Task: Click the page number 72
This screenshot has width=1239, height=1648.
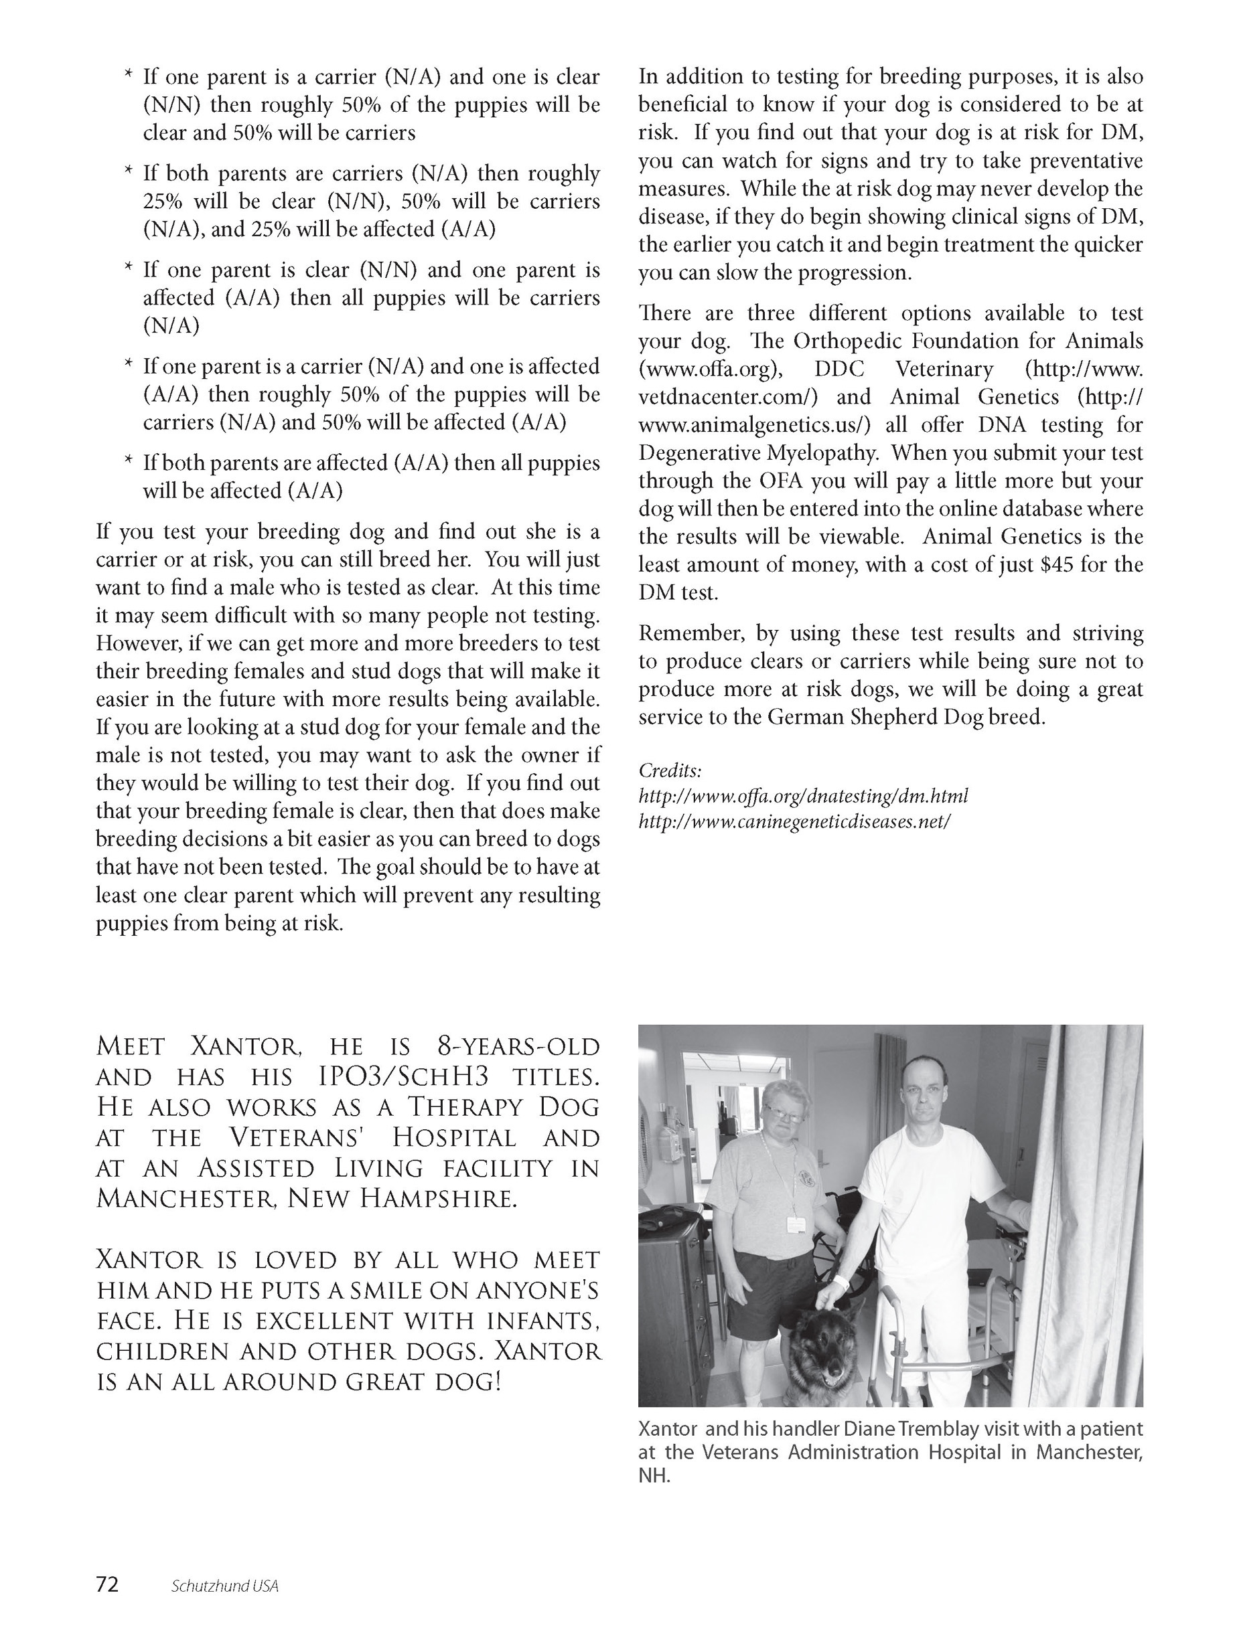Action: (x=106, y=1584)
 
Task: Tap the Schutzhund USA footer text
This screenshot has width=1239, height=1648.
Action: (x=224, y=1586)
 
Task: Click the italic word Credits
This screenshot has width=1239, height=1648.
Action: (x=670, y=770)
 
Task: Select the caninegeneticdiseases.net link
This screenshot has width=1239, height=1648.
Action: (x=794, y=821)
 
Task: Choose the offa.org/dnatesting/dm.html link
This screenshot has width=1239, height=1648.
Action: (x=803, y=796)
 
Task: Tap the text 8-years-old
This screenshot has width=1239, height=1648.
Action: (x=519, y=1047)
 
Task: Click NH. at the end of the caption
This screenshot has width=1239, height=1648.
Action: (x=654, y=1476)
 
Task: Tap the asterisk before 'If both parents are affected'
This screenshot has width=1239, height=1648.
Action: (x=130, y=463)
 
